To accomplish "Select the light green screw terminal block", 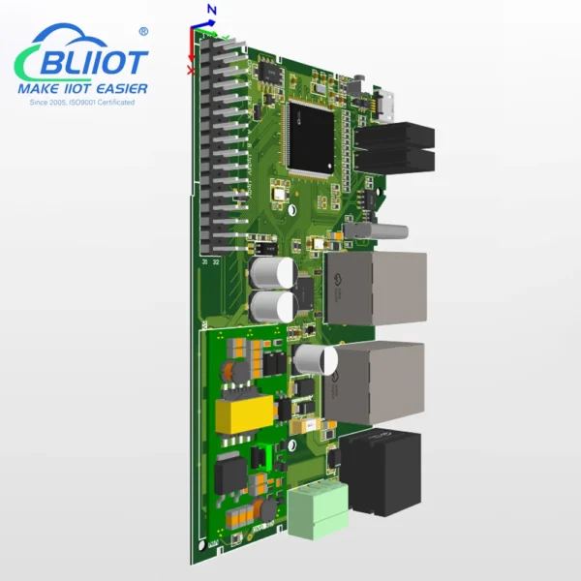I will click(x=316, y=507).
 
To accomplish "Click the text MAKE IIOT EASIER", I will click(x=83, y=89).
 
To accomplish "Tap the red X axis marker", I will click(x=191, y=70).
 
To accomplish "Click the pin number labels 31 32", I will click(x=209, y=261).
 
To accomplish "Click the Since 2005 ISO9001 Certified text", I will click(x=82, y=102).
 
